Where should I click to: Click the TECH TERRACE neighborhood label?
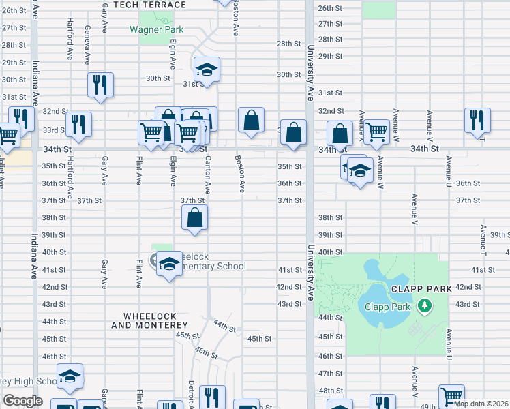click(x=149, y=5)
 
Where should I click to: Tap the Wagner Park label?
click(x=156, y=30)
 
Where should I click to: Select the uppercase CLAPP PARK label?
click(x=420, y=288)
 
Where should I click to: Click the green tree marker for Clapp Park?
click(x=425, y=305)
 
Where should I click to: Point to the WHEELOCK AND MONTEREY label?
click(x=149, y=321)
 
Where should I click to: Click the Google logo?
click(x=22, y=400)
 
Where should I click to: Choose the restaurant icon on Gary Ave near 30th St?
click(x=100, y=85)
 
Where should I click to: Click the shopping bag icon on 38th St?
click(x=195, y=218)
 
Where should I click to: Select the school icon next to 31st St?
click(x=207, y=70)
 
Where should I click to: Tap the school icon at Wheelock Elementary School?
click(x=168, y=264)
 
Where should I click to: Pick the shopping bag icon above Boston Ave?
click(x=251, y=120)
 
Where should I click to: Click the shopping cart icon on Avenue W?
click(x=376, y=132)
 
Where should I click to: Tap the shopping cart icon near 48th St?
click(x=451, y=396)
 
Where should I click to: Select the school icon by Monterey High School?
click(x=70, y=376)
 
